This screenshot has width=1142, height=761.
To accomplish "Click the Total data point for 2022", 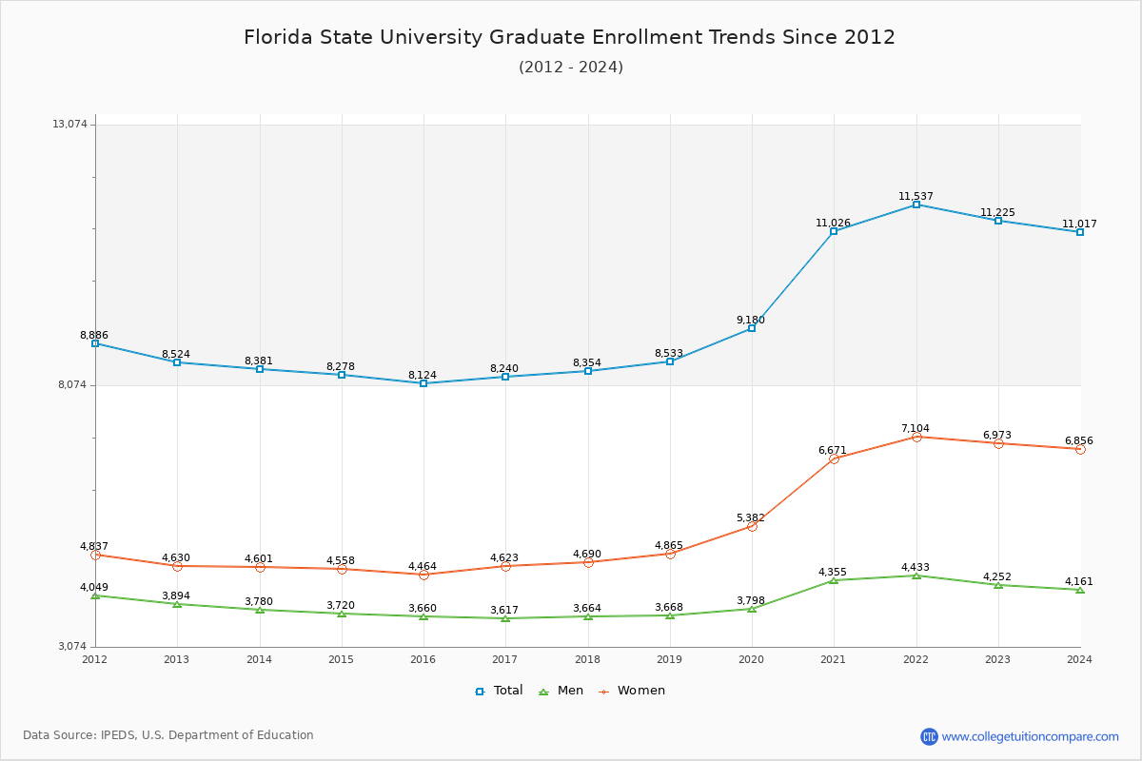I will click(x=916, y=205).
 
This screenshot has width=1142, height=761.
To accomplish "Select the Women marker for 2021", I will click(x=834, y=459).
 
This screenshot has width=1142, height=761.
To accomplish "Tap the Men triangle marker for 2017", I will click(x=505, y=618).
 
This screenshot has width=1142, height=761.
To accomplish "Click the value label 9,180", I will click(x=750, y=321).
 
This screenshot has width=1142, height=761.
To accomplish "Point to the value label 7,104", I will click(x=916, y=429).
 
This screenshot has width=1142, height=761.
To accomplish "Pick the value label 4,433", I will click(x=916, y=568).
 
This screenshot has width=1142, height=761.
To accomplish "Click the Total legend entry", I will click(x=500, y=691).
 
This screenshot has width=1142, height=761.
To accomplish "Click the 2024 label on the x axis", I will click(x=1079, y=659).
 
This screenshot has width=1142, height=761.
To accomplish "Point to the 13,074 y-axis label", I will click(x=69, y=125).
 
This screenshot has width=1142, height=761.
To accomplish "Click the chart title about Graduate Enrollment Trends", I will click(x=569, y=37).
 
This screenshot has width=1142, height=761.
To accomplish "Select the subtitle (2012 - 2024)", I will click(x=571, y=68).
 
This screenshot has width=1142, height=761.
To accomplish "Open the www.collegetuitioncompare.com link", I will click(x=1030, y=736).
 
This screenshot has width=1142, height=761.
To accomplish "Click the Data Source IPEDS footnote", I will click(x=168, y=735).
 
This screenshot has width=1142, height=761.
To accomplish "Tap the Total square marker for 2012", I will click(x=95, y=343).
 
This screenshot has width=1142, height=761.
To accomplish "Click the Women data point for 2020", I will click(x=752, y=526).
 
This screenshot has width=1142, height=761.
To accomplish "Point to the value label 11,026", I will click(x=833, y=224).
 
